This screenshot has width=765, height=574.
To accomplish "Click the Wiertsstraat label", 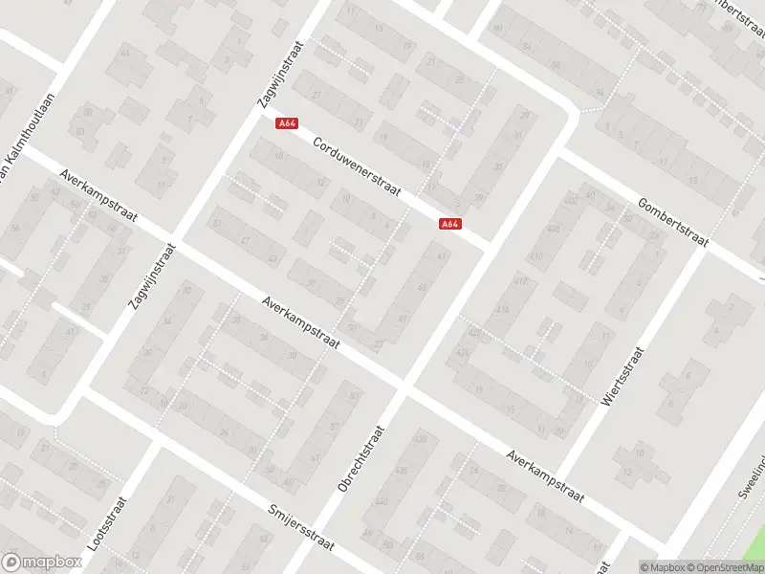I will coord(621,378).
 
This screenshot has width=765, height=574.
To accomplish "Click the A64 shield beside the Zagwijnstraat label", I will coord(286,123).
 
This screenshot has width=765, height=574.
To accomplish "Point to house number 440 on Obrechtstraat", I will coord(382,502).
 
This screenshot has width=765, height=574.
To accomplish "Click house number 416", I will coord(502,310).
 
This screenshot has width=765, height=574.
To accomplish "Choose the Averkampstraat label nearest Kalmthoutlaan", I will coord(96,194).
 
